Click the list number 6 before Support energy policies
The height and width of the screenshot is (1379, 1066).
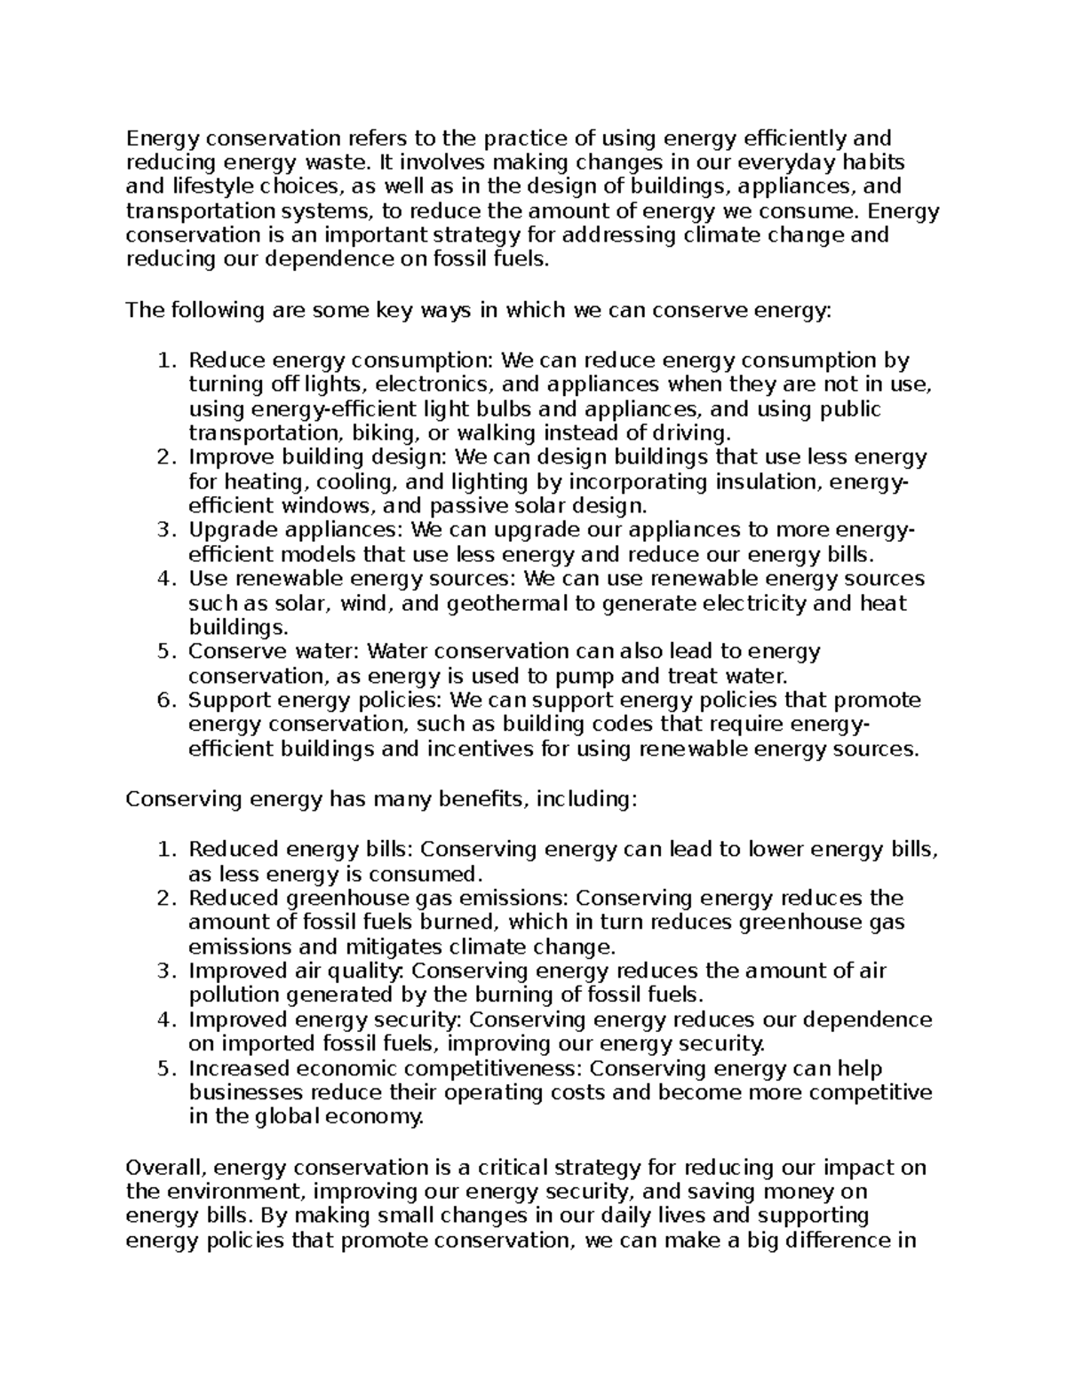coord(166,701)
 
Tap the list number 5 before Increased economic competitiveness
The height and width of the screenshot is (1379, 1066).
coord(166,1068)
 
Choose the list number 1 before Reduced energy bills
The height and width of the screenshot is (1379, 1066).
coord(166,850)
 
